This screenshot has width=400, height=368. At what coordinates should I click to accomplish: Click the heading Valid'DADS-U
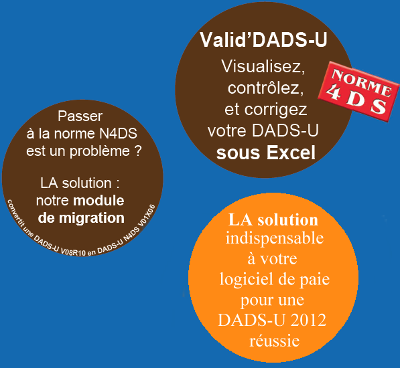click(x=263, y=40)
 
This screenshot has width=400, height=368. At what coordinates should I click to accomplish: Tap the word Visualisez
click(x=263, y=66)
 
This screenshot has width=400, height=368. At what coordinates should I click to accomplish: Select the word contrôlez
click(x=265, y=88)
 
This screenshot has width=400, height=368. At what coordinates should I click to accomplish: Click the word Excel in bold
click(x=291, y=153)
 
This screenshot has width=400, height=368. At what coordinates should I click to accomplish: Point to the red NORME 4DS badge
click(x=359, y=92)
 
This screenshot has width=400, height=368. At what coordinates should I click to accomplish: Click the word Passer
click(x=80, y=116)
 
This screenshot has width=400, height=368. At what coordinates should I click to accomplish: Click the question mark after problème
click(x=138, y=151)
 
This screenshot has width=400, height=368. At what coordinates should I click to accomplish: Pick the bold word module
click(x=98, y=201)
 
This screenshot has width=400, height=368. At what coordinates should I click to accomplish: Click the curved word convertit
click(x=16, y=213)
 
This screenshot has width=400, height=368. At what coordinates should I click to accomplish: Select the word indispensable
click(x=275, y=239)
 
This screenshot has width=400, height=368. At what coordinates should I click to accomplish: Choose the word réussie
click(x=275, y=341)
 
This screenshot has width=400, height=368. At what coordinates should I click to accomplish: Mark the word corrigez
click(x=276, y=110)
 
